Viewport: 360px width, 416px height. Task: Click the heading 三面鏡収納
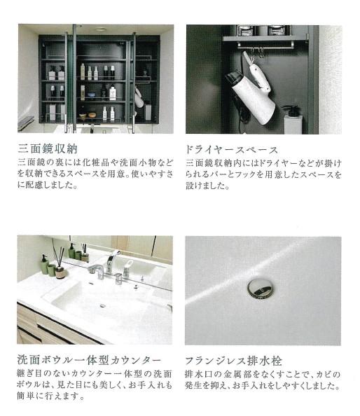(x=48, y=149)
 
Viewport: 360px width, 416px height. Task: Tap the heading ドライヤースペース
(x=232, y=150)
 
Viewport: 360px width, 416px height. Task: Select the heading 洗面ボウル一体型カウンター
(x=89, y=360)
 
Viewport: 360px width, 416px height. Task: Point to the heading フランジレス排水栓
(x=233, y=361)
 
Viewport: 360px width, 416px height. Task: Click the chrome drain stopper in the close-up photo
(x=260, y=289)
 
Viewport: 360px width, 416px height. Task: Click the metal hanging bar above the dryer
(x=265, y=44)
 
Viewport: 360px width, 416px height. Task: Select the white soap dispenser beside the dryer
(x=293, y=119)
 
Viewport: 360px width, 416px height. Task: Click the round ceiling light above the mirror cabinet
(x=100, y=29)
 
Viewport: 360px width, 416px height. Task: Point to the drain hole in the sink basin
(x=102, y=306)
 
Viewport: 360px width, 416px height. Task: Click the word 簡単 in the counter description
(x=28, y=396)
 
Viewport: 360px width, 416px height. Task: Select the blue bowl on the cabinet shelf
(x=92, y=95)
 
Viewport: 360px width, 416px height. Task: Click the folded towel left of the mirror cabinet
(x=25, y=123)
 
